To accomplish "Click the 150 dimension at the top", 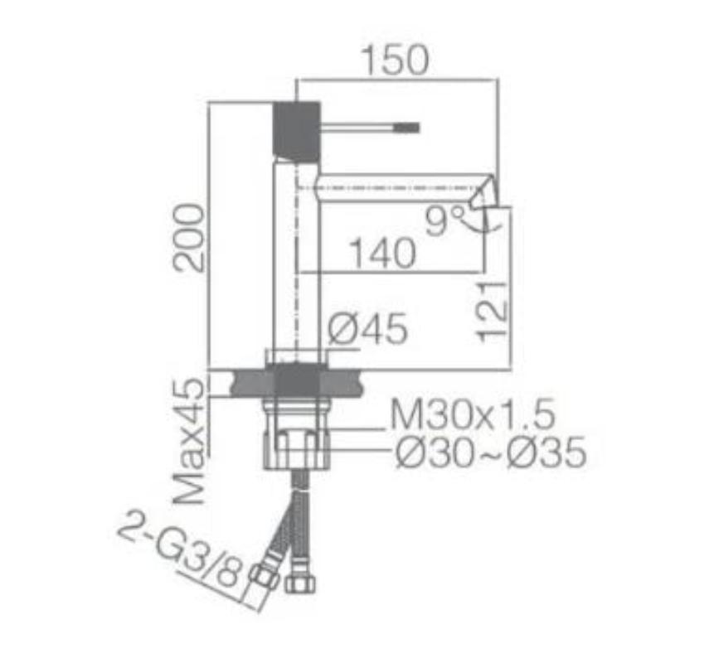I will pyautogui.click(x=394, y=60).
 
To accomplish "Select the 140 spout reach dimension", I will pyautogui.click(x=381, y=254).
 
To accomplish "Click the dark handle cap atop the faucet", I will pyautogui.click(x=296, y=128).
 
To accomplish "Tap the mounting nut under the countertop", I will pyautogui.click(x=296, y=448).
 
